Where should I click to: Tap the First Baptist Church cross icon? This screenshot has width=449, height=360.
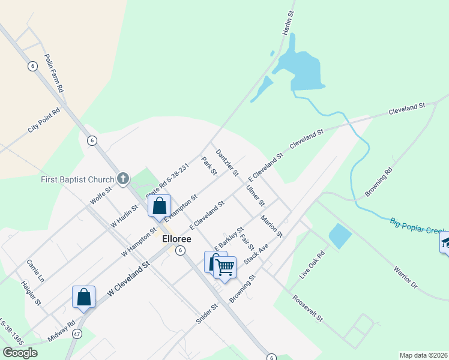123,178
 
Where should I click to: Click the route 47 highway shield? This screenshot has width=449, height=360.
77,333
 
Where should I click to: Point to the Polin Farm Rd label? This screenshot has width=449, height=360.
53,72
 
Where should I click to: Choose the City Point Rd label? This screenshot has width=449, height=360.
44,121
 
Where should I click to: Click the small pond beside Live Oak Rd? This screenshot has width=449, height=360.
340,236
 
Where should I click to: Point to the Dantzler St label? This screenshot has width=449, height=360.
227,162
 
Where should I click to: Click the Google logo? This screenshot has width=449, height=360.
20,353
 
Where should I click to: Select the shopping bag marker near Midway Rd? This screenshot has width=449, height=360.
84,296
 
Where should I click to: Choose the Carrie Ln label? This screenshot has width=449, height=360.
35,271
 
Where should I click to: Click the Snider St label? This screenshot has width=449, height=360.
206,313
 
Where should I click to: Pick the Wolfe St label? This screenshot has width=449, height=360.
101,195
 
